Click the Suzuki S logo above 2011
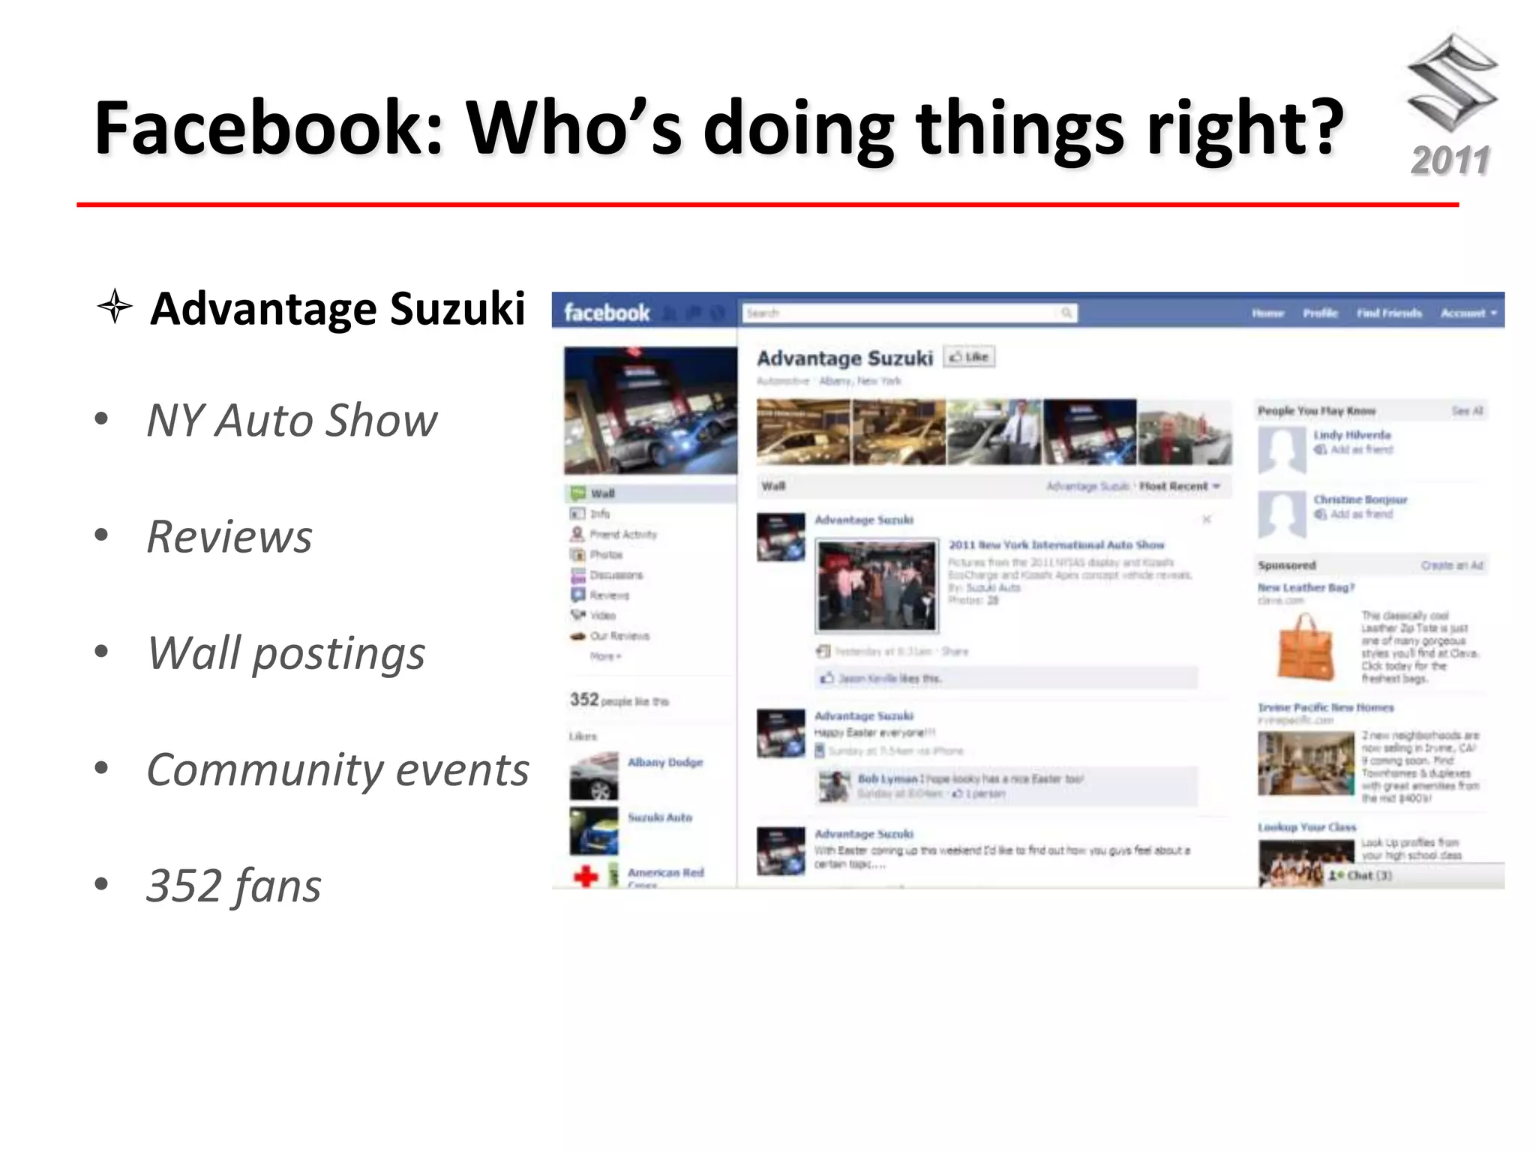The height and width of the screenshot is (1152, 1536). (1452, 82)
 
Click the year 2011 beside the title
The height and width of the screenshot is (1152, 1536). (1450, 160)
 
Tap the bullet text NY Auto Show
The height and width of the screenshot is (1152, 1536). (292, 420)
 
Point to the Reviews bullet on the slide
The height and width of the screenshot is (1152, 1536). (229, 537)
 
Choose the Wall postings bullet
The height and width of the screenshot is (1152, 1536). (286, 653)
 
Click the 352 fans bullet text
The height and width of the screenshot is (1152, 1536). (234, 886)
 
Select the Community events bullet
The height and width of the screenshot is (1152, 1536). (337, 770)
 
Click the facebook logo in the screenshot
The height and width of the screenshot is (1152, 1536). (607, 312)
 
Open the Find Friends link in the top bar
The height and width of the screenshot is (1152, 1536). (1389, 313)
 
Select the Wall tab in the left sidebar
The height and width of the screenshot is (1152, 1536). (602, 493)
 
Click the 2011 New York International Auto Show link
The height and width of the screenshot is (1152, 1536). (1056, 544)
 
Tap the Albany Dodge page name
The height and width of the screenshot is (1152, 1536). (665, 762)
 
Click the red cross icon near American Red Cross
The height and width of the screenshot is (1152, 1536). (586, 875)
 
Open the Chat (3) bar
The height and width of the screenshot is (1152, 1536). (1361, 875)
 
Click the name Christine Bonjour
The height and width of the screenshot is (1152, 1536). (1360, 499)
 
